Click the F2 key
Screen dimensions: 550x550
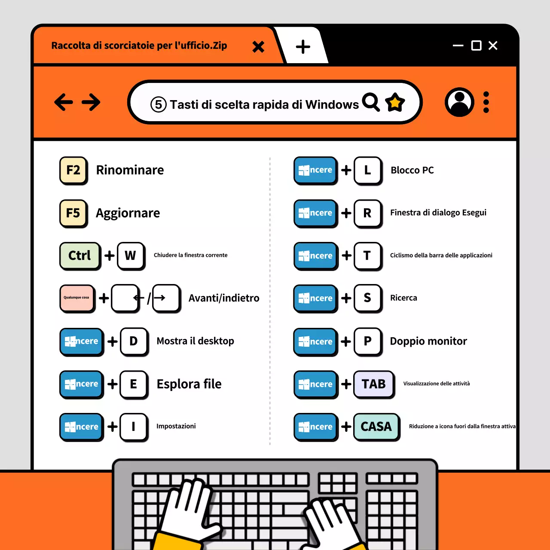tap(73, 170)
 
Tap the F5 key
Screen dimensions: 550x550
tap(73, 213)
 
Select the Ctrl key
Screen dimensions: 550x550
tap(80, 256)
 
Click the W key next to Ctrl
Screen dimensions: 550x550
tap(131, 256)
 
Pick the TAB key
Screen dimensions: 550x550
tap(373, 384)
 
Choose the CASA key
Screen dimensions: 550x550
tap(376, 426)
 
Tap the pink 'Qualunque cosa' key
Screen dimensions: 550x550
tap(77, 298)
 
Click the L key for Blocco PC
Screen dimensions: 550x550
tap(367, 170)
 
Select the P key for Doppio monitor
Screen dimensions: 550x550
tap(367, 341)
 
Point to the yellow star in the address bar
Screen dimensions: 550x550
tap(395, 102)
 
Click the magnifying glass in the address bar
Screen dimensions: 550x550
tap(371, 102)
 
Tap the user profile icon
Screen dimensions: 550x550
tap(459, 102)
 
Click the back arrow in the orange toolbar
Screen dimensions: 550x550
tap(64, 102)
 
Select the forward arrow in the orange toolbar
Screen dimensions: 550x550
tap(91, 102)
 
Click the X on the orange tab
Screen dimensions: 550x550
tap(258, 46)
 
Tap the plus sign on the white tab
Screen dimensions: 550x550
tap(303, 46)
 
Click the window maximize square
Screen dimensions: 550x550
tap(476, 46)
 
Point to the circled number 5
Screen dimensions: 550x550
tap(158, 104)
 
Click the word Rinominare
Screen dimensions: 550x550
tap(130, 170)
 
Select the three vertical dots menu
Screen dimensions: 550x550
tap(486, 102)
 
